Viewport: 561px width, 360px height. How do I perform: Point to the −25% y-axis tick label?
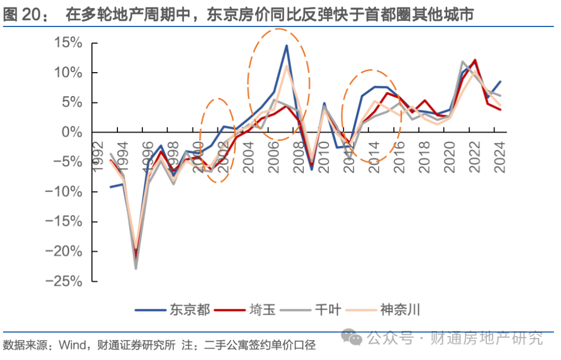(63, 282)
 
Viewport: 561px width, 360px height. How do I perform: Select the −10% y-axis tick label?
(63, 192)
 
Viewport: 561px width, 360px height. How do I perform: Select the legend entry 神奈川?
(400, 310)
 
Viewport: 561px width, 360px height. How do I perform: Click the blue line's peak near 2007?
(286, 45)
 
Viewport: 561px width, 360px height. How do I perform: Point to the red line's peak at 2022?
(475, 60)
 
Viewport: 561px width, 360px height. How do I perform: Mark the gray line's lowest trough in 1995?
(136, 269)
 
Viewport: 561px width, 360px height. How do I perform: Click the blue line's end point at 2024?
(500, 82)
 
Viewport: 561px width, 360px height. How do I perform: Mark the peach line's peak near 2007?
(287, 66)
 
